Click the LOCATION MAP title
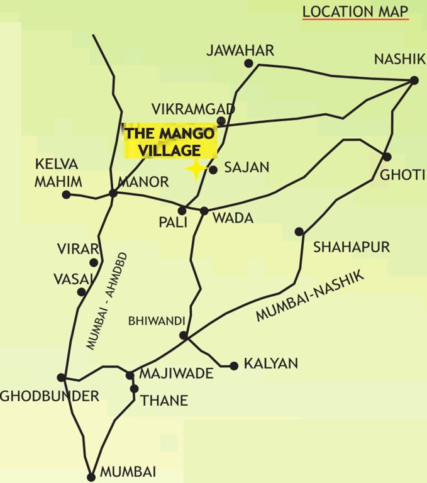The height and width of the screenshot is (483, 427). [355, 11]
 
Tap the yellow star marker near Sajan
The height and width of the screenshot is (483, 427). [196, 169]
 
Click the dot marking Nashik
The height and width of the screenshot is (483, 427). [414, 80]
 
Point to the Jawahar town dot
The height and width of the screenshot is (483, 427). [249, 63]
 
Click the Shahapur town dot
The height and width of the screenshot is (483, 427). [299, 231]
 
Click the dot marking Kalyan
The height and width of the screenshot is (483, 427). [234, 365]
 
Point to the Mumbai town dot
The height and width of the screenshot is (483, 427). [91, 476]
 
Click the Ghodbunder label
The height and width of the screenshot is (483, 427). [50, 396]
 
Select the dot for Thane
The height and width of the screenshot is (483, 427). [134, 389]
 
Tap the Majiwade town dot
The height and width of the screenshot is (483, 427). [130, 375]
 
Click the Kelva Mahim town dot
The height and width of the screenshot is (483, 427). [66, 195]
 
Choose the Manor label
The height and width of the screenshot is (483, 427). [143, 182]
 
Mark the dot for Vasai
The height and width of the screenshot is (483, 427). [81, 292]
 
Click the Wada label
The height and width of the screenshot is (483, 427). [233, 218]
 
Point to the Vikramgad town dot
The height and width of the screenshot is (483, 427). [221, 121]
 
